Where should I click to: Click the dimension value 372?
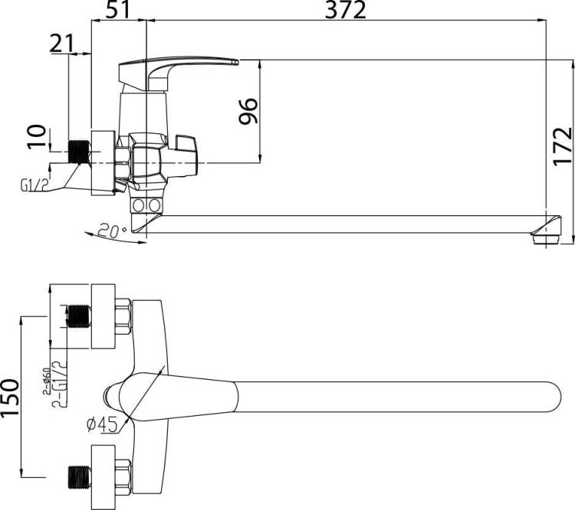pos(346,10)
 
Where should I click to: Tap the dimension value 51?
pos(118,10)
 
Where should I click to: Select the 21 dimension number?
pos(61,44)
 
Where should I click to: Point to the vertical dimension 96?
pos(248,111)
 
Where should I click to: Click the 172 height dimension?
pos(563,146)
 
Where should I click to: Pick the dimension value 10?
pos(37,136)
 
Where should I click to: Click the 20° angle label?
pos(113,230)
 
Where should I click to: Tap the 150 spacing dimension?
pos(10,397)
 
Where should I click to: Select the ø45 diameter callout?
pos(102,425)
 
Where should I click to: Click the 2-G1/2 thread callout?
pos(60,384)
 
